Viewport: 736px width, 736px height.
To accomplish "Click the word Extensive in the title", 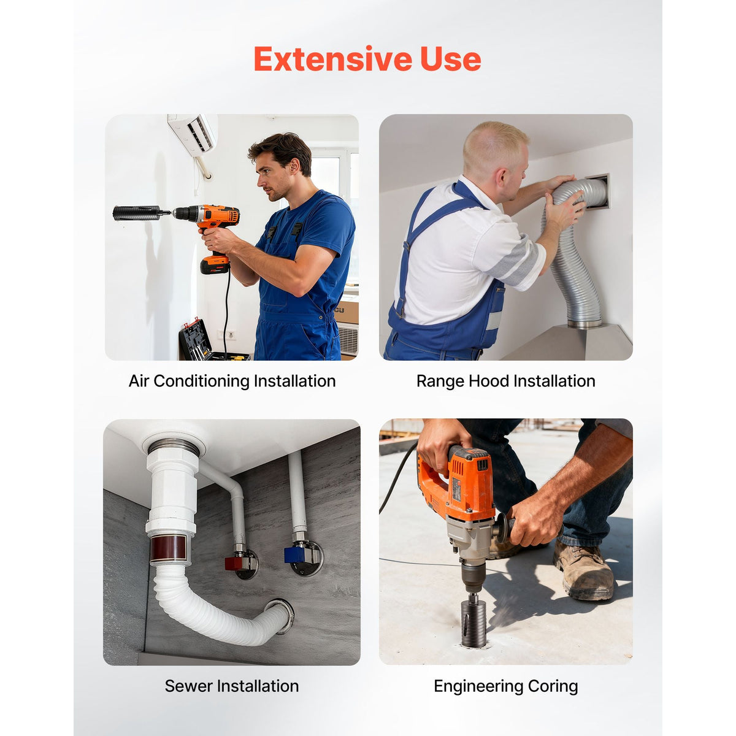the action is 332,59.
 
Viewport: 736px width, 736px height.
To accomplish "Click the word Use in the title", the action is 451,59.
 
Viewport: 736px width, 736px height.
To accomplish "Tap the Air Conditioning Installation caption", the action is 232,381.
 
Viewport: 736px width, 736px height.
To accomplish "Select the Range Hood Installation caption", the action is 505,381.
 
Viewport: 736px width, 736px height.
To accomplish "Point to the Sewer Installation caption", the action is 232,686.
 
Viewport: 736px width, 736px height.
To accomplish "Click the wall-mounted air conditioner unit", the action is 193,134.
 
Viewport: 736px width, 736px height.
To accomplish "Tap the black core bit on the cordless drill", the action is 136,213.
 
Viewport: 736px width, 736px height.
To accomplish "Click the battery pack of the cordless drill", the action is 215,264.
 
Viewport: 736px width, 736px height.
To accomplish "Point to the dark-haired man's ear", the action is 294,166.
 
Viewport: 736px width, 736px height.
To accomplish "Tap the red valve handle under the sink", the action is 233,564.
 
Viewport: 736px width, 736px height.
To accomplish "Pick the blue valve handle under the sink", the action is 293,555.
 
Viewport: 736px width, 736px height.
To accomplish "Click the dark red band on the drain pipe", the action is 168,548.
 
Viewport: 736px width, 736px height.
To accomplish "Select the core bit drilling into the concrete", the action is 473,623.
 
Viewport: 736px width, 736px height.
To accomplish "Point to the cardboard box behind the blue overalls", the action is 346,309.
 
